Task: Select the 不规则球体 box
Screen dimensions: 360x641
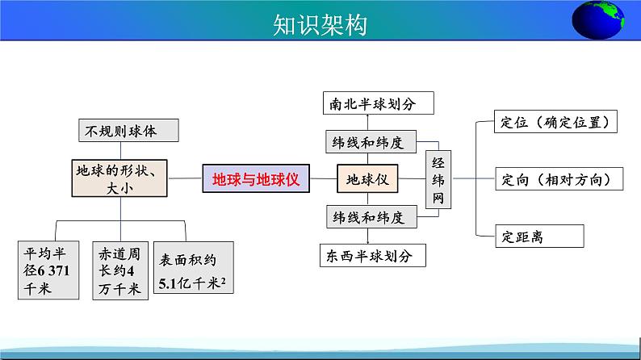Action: (128, 130)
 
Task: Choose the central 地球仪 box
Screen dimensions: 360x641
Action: (367, 178)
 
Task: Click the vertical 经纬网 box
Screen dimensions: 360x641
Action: (438, 178)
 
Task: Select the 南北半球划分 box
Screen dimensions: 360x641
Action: (377, 104)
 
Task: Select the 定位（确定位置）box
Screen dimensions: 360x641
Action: (559, 122)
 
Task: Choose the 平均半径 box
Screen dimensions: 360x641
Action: (50, 270)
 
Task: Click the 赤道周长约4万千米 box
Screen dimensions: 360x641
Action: (119, 270)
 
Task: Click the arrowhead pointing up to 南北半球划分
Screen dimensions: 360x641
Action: (367, 118)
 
